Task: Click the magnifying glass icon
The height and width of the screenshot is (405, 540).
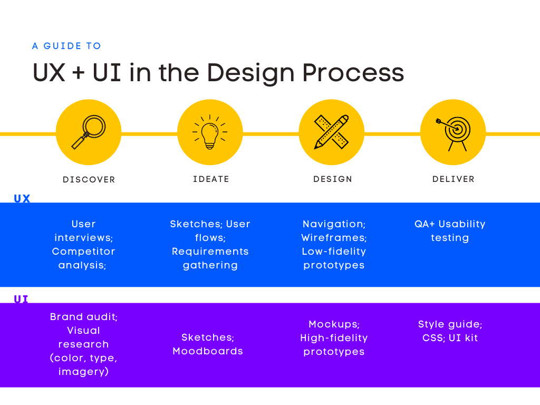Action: (89, 132)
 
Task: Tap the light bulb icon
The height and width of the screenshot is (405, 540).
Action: (210, 132)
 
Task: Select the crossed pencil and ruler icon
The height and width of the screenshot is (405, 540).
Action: (331, 132)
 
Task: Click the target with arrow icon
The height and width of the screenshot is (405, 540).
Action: (454, 132)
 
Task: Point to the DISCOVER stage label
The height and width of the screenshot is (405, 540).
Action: (89, 180)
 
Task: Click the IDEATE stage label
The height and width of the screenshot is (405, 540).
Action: (211, 179)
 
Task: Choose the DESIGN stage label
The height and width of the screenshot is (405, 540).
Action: (333, 179)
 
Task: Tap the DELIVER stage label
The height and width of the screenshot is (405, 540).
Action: (454, 179)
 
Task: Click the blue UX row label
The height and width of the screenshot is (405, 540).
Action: (22, 199)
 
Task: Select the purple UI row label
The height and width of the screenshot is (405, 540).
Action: (21, 299)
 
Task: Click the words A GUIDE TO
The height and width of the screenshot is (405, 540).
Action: (66, 46)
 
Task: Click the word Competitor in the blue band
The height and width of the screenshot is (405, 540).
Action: (83, 252)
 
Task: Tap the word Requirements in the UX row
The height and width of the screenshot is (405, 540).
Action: (210, 252)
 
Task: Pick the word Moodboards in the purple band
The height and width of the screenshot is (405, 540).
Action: (208, 351)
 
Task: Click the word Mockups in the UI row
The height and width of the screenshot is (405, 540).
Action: (333, 324)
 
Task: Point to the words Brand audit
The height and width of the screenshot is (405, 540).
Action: (84, 317)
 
